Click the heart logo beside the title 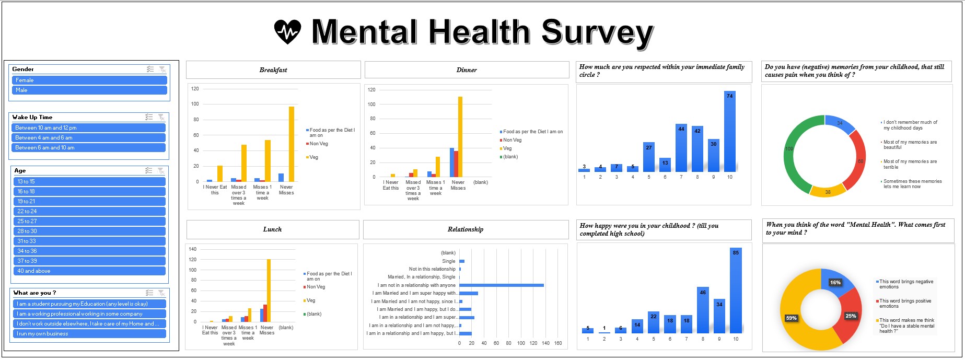coord(287,31)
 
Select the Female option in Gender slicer coord(89,80)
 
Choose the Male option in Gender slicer coord(89,90)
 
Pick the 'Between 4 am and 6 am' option coord(88,138)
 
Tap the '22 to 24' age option coord(89,212)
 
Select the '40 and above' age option coord(89,271)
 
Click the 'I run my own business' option coord(89,334)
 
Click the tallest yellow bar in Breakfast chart coord(292,144)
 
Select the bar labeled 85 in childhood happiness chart coord(736,290)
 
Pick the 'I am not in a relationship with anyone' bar coord(501,285)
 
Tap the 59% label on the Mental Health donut coord(791,318)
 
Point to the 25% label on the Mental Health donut coord(851,316)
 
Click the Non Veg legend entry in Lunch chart coord(316,287)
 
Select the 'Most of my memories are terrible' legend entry coord(910,165)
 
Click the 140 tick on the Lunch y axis coord(193,249)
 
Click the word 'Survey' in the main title coord(597,32)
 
